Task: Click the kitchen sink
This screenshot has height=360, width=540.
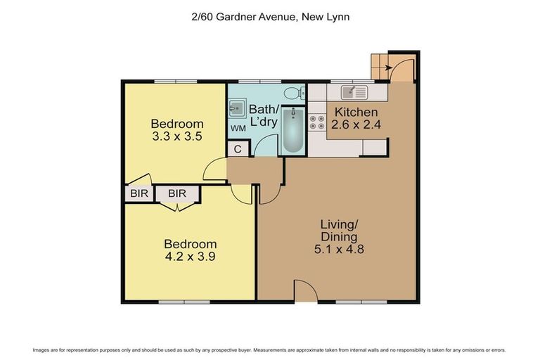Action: [354, 92]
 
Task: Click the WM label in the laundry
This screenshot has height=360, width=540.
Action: [238, 129]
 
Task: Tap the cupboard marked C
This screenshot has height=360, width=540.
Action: [238, 149]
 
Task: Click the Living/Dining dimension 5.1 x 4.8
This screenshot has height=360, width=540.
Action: [340, 248]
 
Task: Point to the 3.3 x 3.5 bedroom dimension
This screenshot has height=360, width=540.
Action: [177, 137]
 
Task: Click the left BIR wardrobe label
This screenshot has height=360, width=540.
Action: [139, 193]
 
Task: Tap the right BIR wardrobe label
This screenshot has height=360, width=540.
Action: [176, 193]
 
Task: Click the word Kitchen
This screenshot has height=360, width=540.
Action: [356, 112]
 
